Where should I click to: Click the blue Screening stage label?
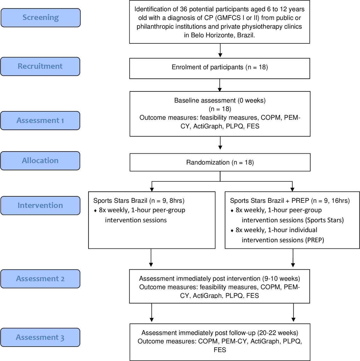[x=41, y=17]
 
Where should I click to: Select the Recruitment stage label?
[x=40, y=67]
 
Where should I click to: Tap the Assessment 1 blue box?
[x=40, y=121]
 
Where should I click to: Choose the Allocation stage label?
[x=40, y=161]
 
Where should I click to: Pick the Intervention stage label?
[x=40, y=206]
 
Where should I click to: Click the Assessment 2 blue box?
[x=40, y=279]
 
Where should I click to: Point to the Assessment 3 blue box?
[x=40, y=337]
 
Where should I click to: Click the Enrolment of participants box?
[x=220, y=68]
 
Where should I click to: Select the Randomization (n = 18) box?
[x=220, y=162]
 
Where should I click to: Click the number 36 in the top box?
[x=184, y=9]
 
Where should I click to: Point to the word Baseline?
[x=186, y=100]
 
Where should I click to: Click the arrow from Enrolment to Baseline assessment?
[x=220, y=85]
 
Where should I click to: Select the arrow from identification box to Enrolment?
[x=220, y=50]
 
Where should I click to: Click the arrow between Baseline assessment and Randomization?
[x=220, y=143]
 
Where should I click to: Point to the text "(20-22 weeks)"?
[x=278, y=333]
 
